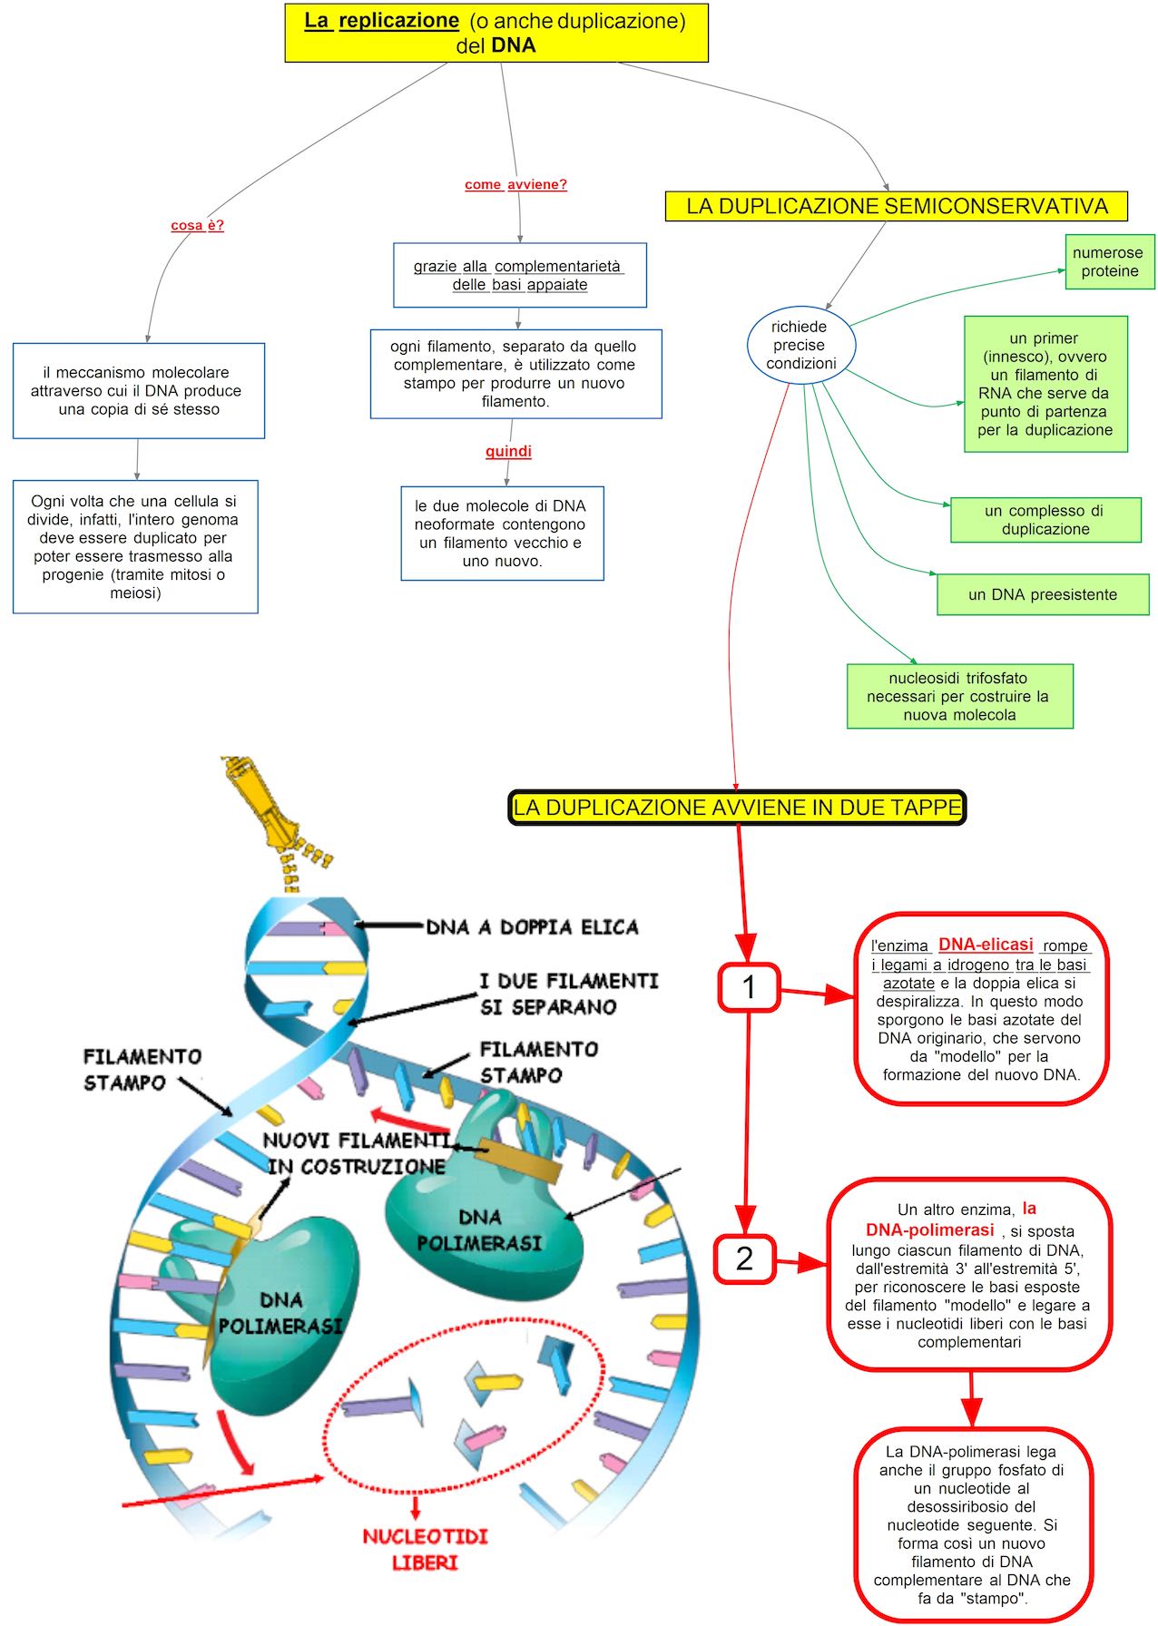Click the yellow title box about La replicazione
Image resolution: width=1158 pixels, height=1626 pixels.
(496, 33)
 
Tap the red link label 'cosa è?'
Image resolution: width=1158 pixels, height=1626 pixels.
(197, 225)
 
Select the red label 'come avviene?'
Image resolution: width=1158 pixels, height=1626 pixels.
(515, 184)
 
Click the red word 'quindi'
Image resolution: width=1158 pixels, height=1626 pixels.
(508, 451)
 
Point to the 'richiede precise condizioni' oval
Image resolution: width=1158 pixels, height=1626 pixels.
(800, 345)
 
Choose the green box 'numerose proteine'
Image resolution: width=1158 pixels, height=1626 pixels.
(1109, 262)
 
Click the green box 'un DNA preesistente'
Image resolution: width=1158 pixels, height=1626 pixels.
(1042, 594)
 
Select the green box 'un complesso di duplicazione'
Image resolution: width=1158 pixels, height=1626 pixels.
(1045, 520)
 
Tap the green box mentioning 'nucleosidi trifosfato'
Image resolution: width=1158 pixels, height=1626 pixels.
(959, 696)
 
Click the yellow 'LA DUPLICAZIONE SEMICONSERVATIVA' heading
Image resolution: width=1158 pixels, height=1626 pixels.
(896, 206)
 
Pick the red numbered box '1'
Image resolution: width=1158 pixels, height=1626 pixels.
(749, 987)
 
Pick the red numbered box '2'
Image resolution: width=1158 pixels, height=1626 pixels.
(744, 1259)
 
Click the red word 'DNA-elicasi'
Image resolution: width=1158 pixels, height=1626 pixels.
(986, 945)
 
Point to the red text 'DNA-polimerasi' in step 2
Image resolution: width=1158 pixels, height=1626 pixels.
(930, 1230)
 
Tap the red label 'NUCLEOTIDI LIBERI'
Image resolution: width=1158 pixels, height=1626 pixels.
(425, 1549)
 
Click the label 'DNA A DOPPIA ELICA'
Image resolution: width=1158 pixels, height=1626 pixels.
(532, 927)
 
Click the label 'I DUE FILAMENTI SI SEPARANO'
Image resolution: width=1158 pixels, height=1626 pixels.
(568, 994)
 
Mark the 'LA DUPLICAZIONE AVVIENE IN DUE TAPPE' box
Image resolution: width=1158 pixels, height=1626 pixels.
(737, 808)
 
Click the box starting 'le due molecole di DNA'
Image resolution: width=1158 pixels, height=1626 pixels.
(502, 534)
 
